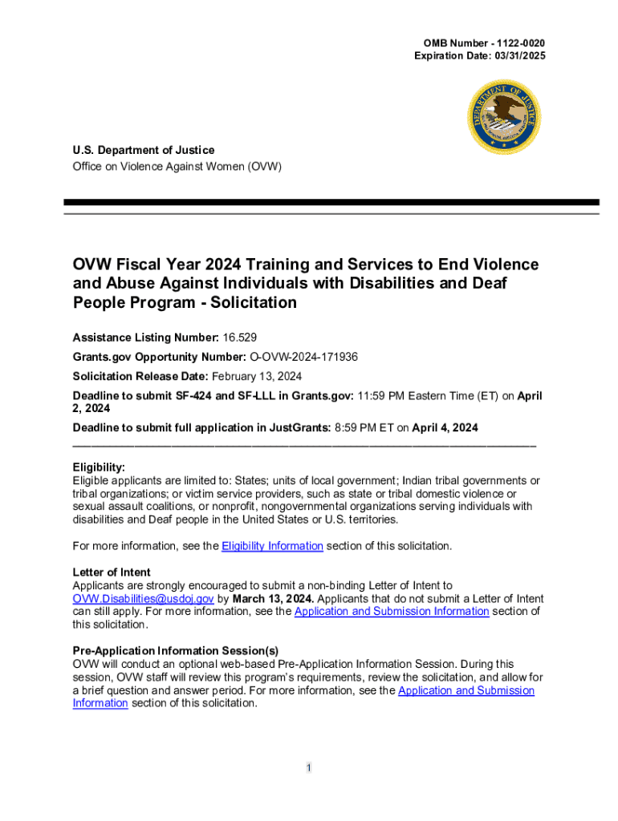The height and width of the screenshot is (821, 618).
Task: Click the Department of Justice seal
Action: [505, 118]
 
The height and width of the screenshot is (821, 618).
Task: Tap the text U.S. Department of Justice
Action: [144, 150]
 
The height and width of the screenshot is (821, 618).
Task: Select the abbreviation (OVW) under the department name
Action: [264, 166]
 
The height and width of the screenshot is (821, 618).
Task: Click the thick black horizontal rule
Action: [331, 203]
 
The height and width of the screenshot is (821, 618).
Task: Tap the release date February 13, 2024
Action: [257, 376]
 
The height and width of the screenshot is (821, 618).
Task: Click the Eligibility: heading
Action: [99, 467]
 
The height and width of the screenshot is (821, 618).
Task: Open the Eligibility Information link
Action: [272, 546]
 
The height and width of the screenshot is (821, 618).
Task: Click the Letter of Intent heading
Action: [112, 572]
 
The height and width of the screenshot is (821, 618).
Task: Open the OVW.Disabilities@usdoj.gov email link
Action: [143, 599]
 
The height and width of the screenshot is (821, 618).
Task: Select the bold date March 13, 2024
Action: [274, 599]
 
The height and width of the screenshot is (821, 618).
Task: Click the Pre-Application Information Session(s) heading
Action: [176, 651]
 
